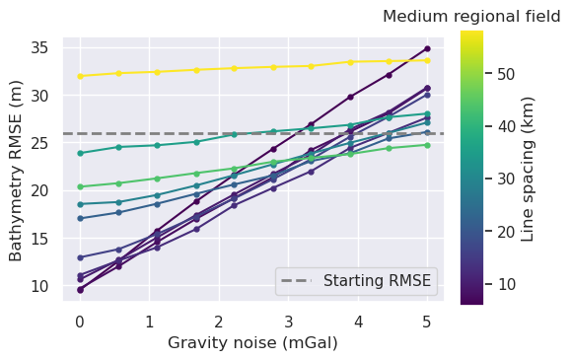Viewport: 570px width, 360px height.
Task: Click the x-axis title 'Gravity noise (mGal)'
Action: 253,342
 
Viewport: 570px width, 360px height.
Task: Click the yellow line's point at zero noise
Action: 80,76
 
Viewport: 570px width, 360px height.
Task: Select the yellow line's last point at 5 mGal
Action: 427,60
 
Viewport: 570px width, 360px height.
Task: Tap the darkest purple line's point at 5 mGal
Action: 427,48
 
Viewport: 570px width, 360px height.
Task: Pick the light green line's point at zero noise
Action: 80,186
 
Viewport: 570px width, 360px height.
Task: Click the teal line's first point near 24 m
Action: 80,153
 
